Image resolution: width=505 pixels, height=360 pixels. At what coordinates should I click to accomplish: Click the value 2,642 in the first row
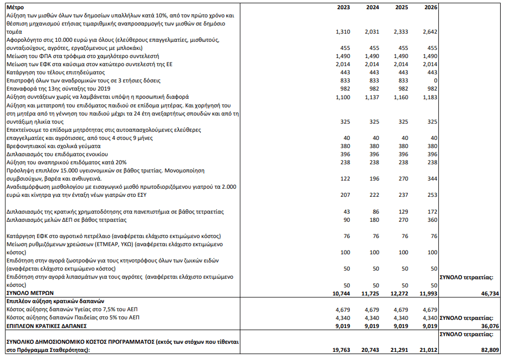coord(429,32)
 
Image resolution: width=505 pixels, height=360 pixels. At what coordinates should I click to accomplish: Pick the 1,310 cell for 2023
coord(341,32)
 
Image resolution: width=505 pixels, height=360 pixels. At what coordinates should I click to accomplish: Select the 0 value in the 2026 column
coord(435,80)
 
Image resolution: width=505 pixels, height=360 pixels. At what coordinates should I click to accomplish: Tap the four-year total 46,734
coord(487,293)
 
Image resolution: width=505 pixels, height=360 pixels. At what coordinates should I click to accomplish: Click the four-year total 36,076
coord(487,326)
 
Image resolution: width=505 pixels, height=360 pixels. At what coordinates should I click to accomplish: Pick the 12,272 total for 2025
coord(398,293)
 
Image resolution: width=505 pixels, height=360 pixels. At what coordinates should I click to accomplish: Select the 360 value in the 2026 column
coord(431,220)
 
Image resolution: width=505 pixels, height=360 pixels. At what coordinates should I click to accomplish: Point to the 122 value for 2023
coord(344,178)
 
